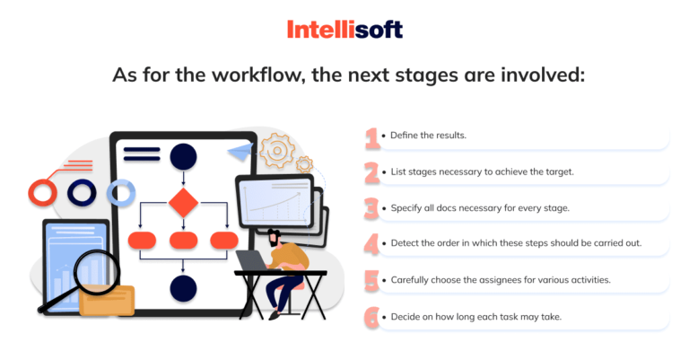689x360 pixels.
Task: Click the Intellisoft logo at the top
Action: point(344,30)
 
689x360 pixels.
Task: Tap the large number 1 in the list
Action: point(372,137)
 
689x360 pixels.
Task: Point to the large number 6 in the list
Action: point(372,317)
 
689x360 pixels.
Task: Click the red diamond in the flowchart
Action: point(183,203)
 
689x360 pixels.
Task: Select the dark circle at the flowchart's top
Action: point(183,156)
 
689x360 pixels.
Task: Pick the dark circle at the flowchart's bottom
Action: point(183,288)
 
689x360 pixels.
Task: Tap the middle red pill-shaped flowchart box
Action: point(183,240)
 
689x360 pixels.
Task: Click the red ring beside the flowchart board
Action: point(42,191)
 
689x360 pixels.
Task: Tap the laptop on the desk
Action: point(251,260)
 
